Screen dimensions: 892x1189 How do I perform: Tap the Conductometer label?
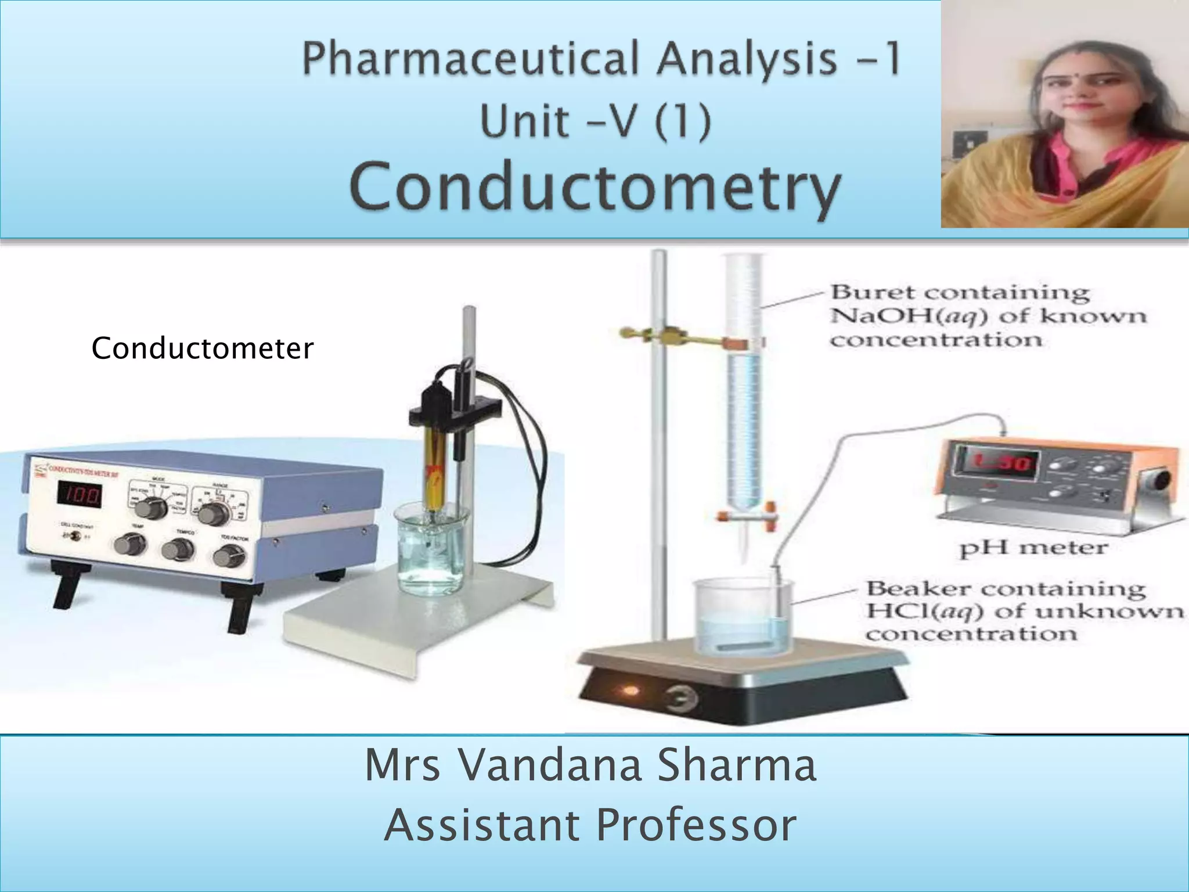tap(202, 348)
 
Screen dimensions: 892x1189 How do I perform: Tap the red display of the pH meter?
tap(997, 463)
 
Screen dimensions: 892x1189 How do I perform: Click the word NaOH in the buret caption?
tap(869, 316)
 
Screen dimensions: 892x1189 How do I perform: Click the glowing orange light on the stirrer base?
tap(630, 691)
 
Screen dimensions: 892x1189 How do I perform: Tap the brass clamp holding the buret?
tap(668, 336)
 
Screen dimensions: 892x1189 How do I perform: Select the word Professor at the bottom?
tap(696, 825)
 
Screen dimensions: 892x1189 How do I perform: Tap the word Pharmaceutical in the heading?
tap(471, 59)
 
